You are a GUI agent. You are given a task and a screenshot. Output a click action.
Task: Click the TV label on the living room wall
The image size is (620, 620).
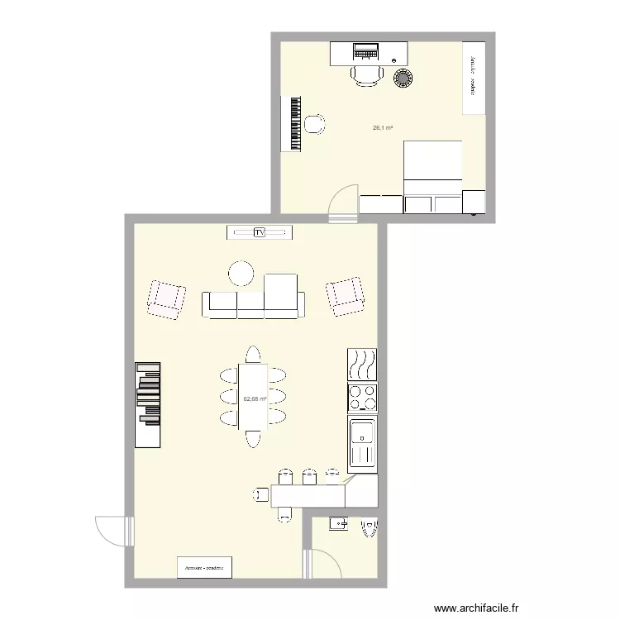(259, 233)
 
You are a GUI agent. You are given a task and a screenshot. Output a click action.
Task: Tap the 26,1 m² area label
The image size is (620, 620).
(382, 128)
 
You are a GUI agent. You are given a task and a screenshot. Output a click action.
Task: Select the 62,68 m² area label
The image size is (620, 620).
(255, 398)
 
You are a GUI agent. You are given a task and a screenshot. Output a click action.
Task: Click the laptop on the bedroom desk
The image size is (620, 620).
(365, 52)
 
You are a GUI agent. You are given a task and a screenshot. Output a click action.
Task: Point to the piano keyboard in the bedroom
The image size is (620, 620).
(293, 124)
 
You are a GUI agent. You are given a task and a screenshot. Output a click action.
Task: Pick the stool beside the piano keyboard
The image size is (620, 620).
(314, 124)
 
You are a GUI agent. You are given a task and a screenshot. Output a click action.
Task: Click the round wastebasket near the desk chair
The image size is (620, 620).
(403, 79)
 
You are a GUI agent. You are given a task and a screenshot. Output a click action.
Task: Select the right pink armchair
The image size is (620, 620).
(345, 295)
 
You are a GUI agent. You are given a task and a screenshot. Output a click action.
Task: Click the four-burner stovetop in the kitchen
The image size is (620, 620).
(362, 398)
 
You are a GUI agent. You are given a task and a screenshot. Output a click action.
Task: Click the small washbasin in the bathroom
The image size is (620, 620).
(339, 523)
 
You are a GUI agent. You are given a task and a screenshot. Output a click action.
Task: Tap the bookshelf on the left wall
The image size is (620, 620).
(148, 404)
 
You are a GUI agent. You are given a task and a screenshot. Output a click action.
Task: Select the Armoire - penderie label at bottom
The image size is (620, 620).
(205, 567)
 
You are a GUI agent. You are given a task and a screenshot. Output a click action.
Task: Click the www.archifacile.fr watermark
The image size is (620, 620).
(479, 608)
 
